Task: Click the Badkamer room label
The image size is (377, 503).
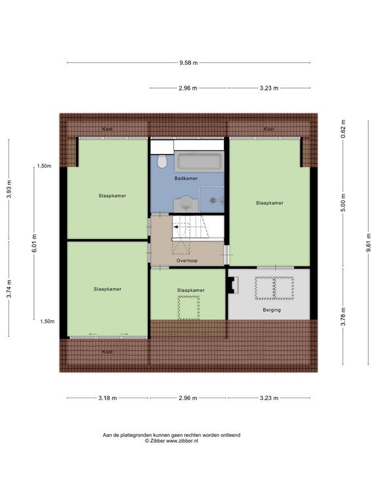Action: point(186,178)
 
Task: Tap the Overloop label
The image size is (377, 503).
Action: point(187,261)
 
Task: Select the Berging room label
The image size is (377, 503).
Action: point(272,310)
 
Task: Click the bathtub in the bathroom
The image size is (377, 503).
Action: point(199,162)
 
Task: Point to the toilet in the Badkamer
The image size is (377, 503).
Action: point(162,161)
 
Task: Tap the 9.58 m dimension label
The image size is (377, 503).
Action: point(188,63)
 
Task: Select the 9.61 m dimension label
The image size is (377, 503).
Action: point(368,242)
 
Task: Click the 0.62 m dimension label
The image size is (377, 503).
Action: point(344,129)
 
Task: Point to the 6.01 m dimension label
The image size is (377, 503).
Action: point(34,243)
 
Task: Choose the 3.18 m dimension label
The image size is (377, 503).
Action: point(107,398)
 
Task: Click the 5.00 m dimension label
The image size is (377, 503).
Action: point(344,203)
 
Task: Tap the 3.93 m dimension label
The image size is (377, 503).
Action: point(9,189)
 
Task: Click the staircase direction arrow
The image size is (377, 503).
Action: point(175,227)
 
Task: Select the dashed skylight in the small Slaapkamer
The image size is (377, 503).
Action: point(188,308)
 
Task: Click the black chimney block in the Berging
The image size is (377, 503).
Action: point(233,285)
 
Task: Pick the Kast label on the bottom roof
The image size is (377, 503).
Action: point(107,352)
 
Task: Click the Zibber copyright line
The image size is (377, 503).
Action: point(171,441)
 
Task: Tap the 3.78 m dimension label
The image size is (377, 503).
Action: point(344,316)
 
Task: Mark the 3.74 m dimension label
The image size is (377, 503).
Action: point(9,289)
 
